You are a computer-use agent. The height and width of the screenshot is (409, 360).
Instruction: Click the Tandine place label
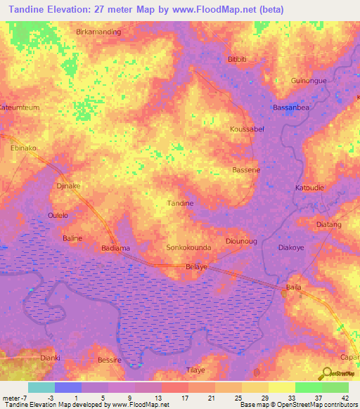(179, 203)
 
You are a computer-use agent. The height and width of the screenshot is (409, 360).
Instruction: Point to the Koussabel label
(247, 130)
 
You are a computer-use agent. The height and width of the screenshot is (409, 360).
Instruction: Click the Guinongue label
(309, 81)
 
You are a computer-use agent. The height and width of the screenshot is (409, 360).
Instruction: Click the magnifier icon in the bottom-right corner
(328, 372)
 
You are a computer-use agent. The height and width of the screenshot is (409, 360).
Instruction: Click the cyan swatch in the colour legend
(41, 387)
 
